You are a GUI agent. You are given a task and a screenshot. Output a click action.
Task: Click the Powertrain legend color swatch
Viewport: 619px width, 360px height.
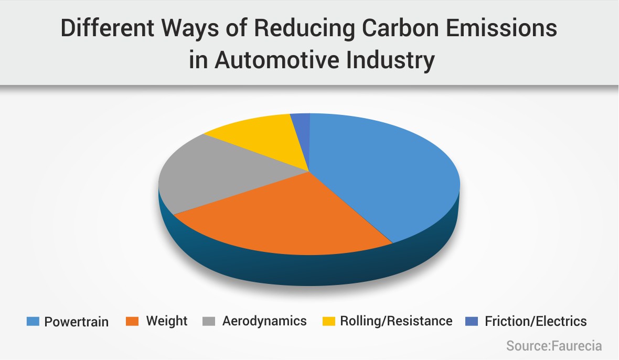tap(33, 321)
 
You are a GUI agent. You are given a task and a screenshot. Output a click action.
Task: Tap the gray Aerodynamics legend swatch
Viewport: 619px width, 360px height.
tap(209, 321)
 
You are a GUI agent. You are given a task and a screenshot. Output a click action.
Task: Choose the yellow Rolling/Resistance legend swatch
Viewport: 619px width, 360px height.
tap(327, 321)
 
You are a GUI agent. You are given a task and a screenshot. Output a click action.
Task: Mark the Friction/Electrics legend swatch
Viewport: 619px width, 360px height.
tap(472, 321)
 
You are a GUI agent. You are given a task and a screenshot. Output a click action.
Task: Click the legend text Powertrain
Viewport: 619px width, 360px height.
tap(77, 322)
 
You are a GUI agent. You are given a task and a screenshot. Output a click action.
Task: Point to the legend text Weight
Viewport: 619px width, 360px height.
tap(166, 321)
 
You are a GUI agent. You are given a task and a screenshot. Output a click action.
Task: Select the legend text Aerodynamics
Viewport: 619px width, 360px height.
tap(264, 321)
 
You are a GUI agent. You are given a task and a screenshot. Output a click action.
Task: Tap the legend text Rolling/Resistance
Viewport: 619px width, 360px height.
tap(396, 321)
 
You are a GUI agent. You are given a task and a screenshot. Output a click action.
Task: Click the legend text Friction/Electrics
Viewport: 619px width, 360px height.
tap(536, 321)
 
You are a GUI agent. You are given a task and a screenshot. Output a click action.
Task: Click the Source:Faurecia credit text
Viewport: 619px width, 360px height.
tap(553, 346)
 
